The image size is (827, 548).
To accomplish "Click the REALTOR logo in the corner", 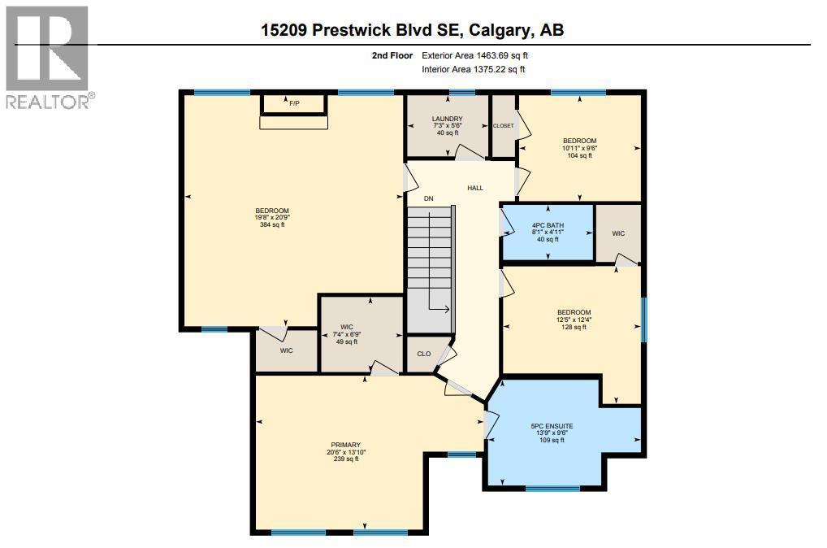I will click(48, 56).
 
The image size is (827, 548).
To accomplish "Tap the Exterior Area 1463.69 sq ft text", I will click(475, 56).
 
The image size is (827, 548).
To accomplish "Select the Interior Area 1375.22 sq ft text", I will click(474, 70).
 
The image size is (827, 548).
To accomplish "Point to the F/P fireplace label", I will click(293, 103).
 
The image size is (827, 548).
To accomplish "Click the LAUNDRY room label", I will click(447, 120).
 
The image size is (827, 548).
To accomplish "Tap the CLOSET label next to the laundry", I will click(504, 126).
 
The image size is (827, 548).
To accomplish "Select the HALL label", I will click(475, 188).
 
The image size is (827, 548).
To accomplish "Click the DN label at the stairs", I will click(428, 198).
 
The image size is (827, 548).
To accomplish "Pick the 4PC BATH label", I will click(548, 224).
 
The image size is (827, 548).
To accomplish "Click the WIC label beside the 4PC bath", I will click(618, 233).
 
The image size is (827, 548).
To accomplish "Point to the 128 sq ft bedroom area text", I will click(574, 327).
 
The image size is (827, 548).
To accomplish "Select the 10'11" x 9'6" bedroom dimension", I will click(580, 148).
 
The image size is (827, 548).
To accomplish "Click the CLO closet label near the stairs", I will click(423, 354).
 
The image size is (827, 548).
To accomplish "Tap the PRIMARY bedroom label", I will click(342, 445).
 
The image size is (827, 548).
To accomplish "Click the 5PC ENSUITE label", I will click(552, 425).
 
